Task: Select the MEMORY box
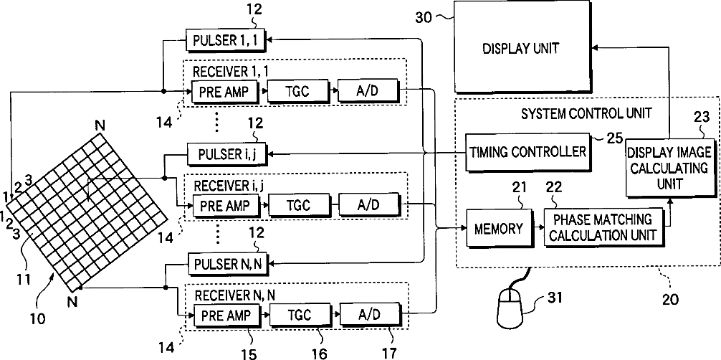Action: click(x=498, y=229)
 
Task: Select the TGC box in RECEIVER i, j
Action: click(x=298, y=205)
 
